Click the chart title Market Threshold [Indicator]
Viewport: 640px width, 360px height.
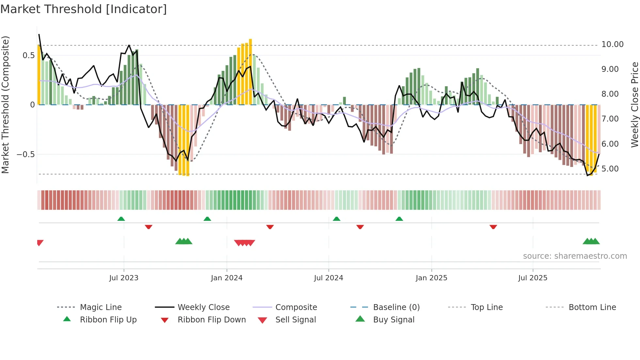coord(84,9)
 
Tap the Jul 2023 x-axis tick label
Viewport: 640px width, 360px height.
coord(124,278)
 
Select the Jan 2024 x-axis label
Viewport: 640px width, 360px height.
coord(227,278)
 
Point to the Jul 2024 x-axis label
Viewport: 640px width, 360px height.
coord(328,278)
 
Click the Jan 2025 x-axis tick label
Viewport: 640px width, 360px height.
coord(431,278)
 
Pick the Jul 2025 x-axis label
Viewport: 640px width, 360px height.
coord(533,278)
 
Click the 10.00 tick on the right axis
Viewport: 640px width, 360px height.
coord(612,44)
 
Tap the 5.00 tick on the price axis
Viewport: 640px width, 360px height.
coord(610,169)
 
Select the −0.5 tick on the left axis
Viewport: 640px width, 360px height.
coord(25,154)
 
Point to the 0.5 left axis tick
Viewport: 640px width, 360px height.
coord(29,56)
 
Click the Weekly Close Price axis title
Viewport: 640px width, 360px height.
coord(634,105)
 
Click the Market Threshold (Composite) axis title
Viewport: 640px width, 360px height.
coord(5,105)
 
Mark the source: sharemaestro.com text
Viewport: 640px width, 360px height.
coord(575,256)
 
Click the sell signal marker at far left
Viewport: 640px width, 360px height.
coord(40,243)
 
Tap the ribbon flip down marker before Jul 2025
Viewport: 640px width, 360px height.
coord(493,227)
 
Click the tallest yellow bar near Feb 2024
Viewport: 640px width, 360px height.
coord(250,72)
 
